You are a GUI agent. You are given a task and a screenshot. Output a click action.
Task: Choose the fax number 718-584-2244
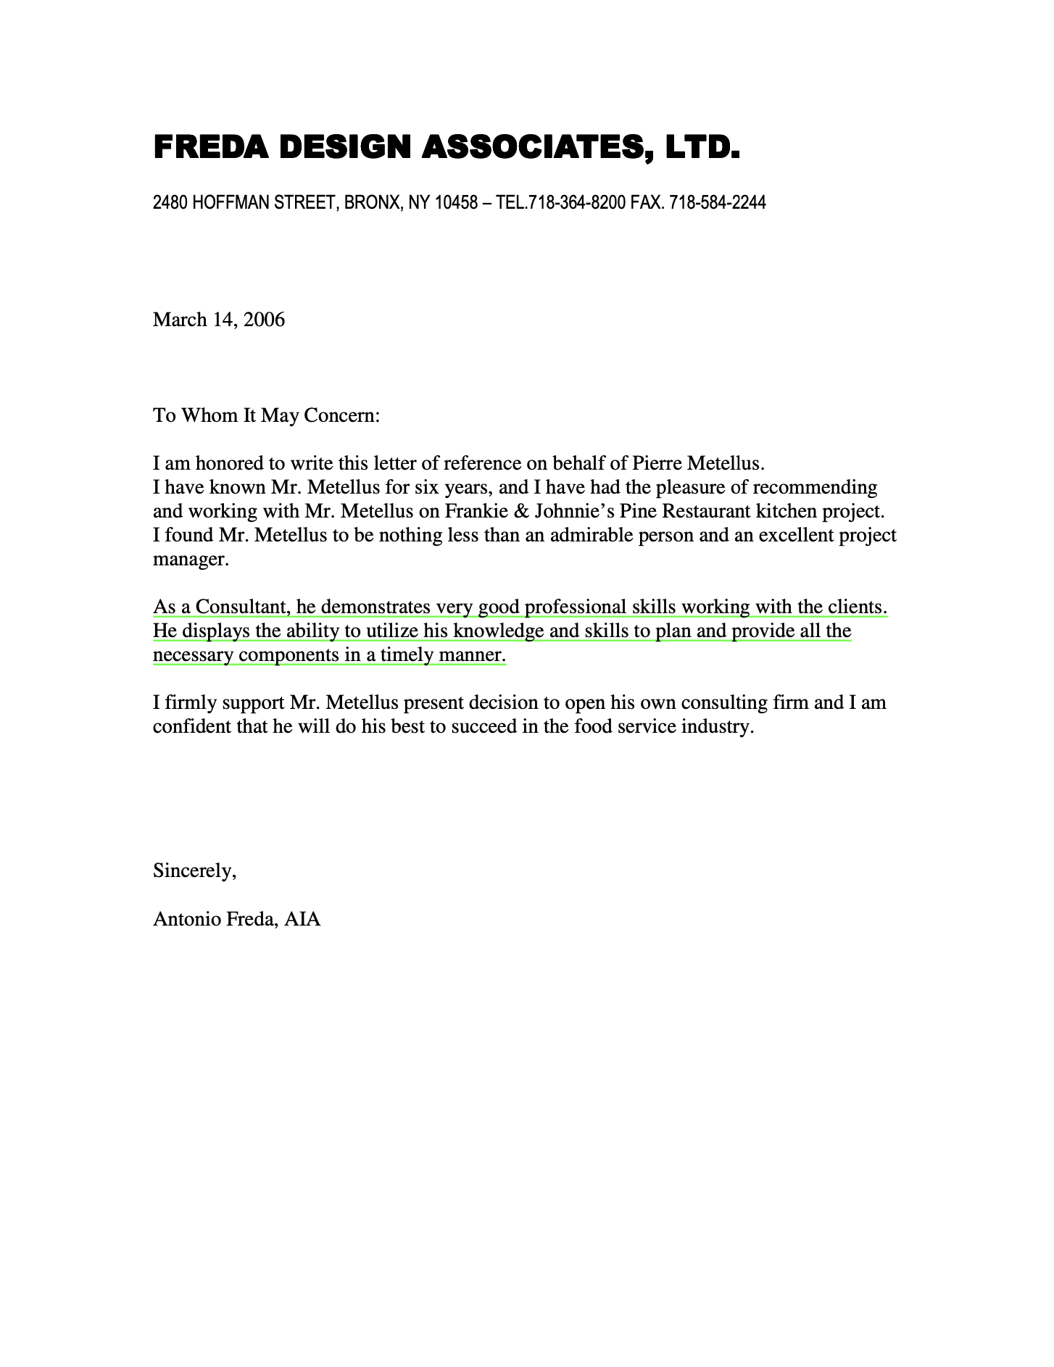(717, 203)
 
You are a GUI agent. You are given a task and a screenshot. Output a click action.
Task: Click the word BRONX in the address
(372, 203)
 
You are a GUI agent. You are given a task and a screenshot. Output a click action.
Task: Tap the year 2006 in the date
(264, 320)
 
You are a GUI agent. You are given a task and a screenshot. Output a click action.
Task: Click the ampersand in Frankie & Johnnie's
(520, 511)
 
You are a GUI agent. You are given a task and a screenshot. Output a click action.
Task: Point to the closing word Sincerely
(194, 871)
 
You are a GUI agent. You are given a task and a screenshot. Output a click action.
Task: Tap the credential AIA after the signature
(302, 919)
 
